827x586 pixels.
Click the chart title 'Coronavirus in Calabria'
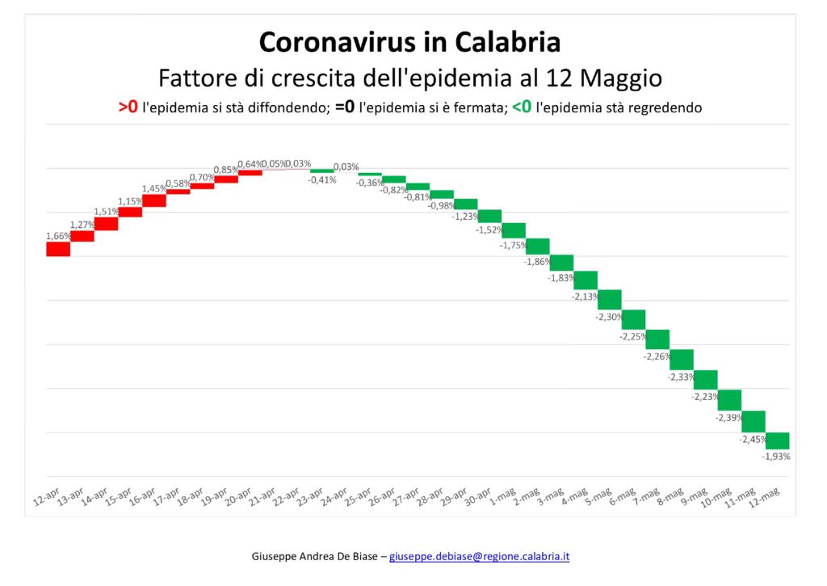click(410, 42)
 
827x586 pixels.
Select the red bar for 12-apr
click(58, 249)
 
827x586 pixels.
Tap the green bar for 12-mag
click(777, 441)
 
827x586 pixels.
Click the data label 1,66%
click(58, 236)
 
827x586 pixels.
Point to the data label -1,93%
click(776, 457)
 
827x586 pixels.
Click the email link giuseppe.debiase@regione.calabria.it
click(480, 557)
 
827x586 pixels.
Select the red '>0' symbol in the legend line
click(128, 107)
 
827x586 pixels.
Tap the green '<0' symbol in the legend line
click(522, 107)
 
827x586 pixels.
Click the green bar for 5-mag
click(610, 300)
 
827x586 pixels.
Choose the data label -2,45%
click(753, 440)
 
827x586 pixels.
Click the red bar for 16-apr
click(154, 200)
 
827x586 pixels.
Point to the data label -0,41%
click(322, 180)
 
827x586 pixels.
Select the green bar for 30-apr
click(490, 216)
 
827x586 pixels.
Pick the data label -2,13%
click(585, 297)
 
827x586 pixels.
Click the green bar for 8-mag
click(682, 359)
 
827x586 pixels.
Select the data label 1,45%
click(154, 189)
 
